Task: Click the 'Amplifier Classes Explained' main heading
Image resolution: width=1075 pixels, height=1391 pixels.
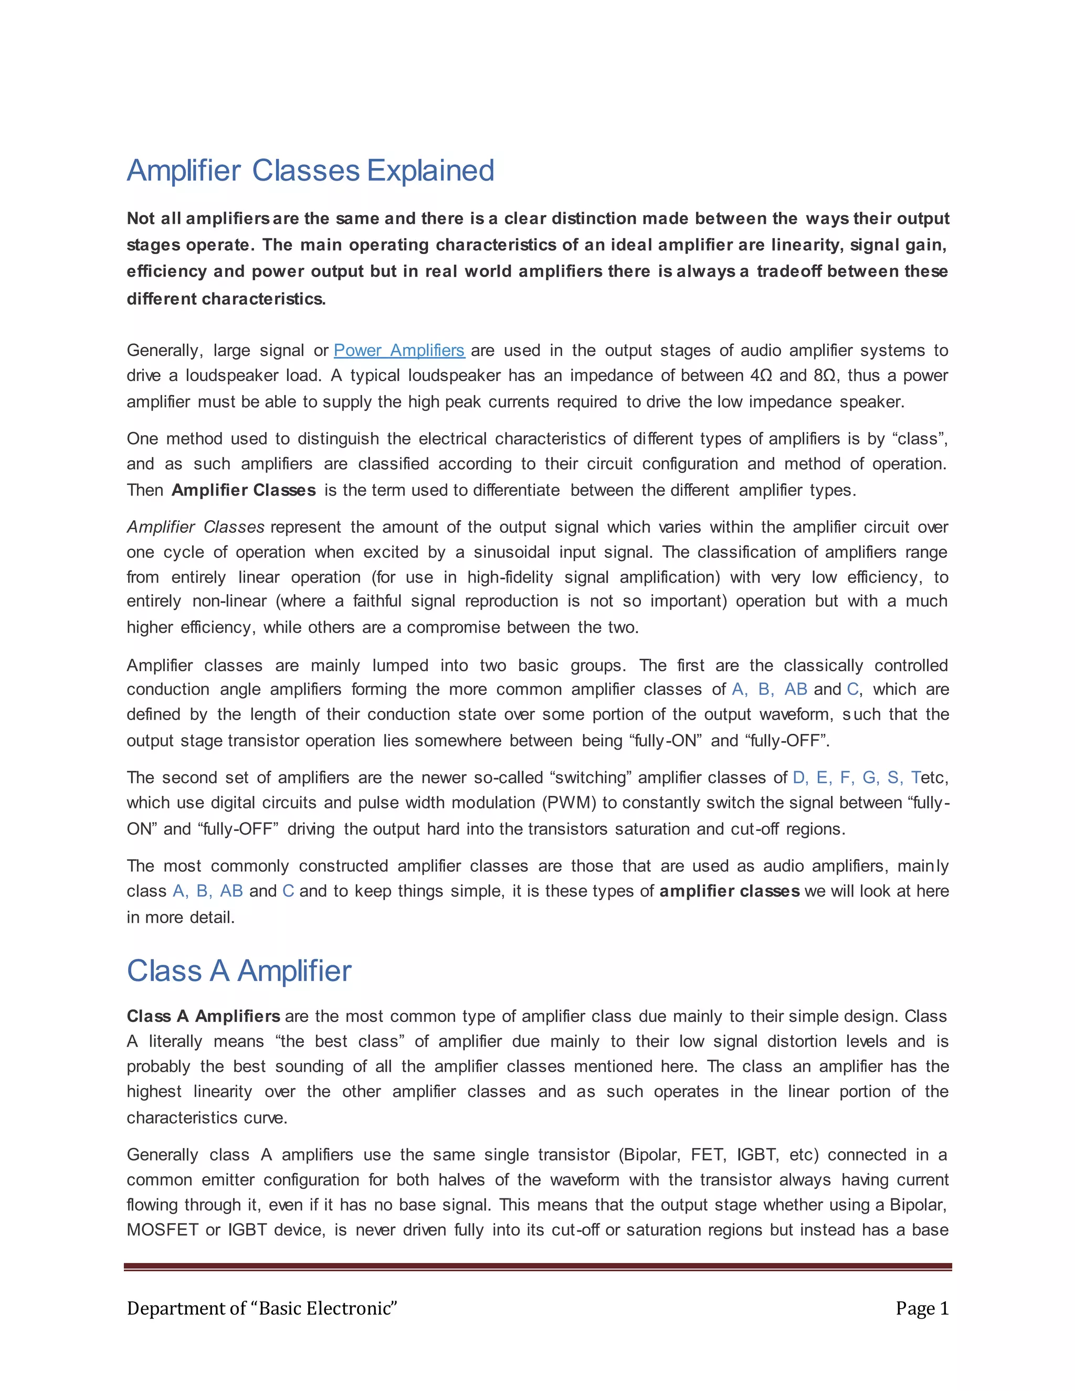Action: (310, 171)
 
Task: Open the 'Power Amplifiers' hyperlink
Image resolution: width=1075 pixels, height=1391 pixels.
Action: (399, 350)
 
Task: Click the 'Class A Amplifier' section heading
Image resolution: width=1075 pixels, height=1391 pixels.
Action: (239, 971)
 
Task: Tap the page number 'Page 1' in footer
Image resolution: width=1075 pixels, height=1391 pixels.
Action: (922, 1308)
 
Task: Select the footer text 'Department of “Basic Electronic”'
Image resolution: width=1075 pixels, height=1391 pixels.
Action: (262, 1308)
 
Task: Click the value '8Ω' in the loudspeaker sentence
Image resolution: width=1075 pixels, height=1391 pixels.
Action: (826, 376)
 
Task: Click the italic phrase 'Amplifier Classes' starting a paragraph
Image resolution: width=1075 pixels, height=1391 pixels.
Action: (195, 528)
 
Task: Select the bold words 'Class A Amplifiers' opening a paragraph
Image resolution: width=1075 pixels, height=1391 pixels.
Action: (203, 1017)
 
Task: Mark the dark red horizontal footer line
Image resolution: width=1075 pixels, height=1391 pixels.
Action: (537, 1267)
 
